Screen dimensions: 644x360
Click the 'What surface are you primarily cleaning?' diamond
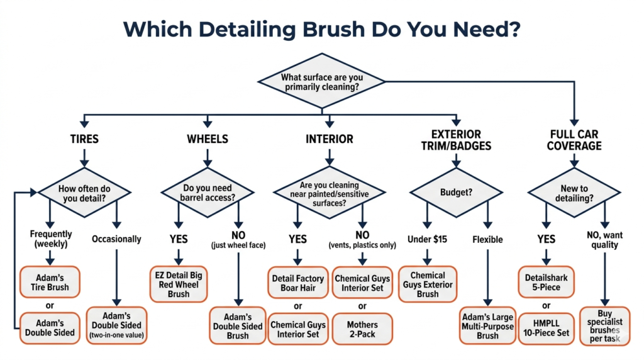pos(321,81)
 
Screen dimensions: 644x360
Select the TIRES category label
pos(84,139)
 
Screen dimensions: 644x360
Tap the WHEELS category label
pos(208,139)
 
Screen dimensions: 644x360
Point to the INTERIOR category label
pos(330,139)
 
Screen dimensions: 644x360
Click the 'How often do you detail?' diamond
pos(84,193)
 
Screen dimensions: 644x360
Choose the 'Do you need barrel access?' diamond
pos(208,193)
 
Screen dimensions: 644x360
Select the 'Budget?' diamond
pos(457,193)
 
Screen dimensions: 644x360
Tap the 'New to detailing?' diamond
pos(574,193)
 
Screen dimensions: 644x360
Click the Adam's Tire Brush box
pos(50,282)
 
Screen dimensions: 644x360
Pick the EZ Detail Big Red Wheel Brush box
pos(179,284)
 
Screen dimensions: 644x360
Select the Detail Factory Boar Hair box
pos(297,283)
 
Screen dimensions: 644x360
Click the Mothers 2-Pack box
pos(362,329)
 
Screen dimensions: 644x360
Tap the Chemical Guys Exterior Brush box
pos(428,284)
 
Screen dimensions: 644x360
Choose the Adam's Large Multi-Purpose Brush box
pos(487,326)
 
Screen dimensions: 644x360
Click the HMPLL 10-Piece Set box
pos(547,329)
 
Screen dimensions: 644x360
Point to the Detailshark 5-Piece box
pos(547,282)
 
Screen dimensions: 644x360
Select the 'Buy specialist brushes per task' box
pos(604,326)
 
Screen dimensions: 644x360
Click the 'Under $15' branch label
pos(427,239)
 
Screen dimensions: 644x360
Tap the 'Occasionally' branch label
pos(116,239)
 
